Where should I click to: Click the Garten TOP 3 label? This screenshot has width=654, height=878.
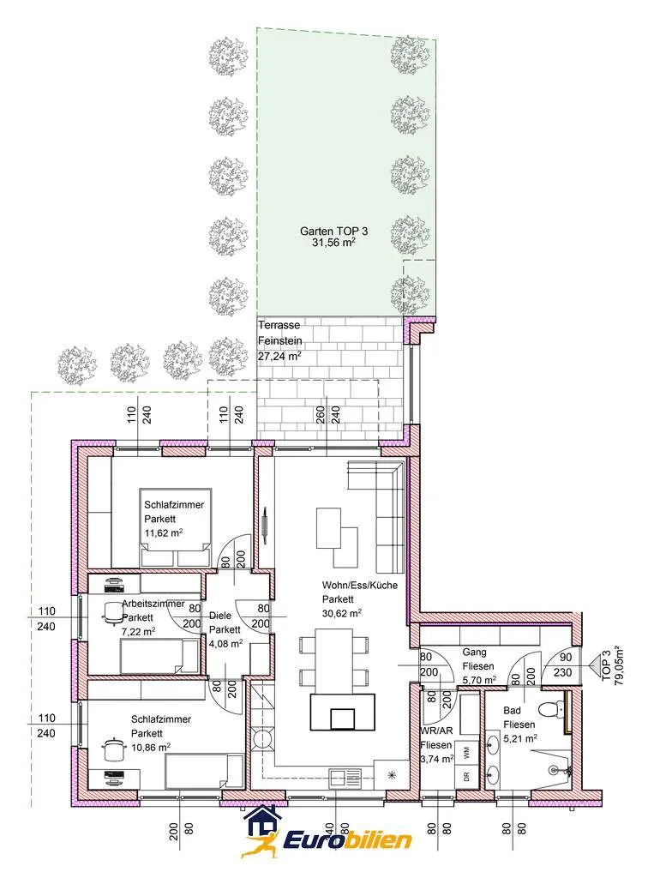[333, 231]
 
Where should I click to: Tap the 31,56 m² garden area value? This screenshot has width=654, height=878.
[333, 243]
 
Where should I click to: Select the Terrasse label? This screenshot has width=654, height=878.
[279, 325]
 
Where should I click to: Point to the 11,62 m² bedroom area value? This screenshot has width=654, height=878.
[164, 532]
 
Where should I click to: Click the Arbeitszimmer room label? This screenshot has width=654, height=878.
[153, 604]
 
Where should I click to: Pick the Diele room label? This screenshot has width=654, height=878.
[220, 616]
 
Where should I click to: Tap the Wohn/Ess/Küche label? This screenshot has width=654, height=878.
[359, 585]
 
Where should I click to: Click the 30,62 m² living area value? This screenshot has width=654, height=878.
[341, 613]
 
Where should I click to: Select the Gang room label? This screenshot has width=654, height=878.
[474, 652]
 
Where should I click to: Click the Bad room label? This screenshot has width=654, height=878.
[512, 710]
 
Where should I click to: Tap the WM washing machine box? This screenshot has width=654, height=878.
[467, 749]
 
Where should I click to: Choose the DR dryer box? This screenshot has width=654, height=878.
[467, 777]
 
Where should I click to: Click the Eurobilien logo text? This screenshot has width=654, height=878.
[347, 840]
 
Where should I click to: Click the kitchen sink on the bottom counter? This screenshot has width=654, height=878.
[345, 779]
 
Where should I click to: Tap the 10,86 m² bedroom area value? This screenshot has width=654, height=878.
[151, 748]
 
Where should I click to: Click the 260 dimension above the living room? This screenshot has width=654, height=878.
[321, 414]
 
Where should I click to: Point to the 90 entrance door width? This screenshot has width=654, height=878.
[566, 658]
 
